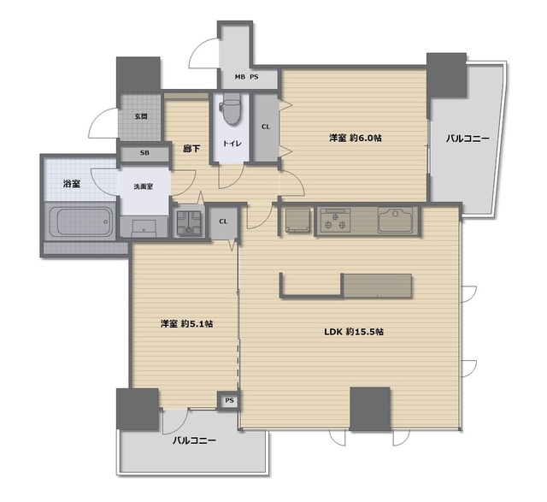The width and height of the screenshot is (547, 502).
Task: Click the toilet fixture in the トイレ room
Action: pos(232,108)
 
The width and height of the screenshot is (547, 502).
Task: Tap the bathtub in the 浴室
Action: pos(80,221)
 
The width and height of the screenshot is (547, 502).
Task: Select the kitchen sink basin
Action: pos(396,220)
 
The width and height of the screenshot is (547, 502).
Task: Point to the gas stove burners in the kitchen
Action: pos(336,220)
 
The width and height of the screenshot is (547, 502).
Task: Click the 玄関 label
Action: pos(141,116)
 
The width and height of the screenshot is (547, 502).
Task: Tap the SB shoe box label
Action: pos(144,152)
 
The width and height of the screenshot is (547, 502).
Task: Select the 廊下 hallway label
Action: pos(191,149)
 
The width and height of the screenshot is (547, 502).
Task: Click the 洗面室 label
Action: pos(144,186)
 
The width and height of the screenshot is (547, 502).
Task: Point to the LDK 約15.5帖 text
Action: pos(354,332)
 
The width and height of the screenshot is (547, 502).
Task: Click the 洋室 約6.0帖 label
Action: pos(356,138)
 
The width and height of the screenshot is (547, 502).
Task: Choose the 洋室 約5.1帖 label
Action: pos(186,324)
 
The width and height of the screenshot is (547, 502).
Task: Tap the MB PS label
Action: pos(246,77)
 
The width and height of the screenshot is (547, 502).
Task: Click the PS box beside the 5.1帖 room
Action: pos(229,400)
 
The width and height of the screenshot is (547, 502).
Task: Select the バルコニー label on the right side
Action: pos(468,139)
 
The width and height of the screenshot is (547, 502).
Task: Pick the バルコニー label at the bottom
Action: pos(194,440)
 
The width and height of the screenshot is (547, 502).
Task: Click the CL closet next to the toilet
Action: pos(266,127)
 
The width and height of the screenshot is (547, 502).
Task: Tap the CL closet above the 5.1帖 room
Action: pos(223,222)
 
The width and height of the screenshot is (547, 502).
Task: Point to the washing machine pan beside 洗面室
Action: pos(189,223)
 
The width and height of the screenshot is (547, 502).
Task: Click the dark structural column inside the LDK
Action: pos(370,409)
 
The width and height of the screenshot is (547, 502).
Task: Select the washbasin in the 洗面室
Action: pos(144,228)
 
